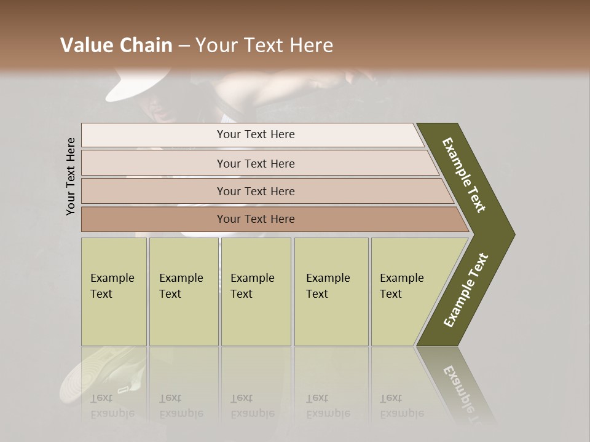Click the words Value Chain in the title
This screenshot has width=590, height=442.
tap(116, 45)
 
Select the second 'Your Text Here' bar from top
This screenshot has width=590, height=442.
tap(256, 163)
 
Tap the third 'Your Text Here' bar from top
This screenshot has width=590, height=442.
tap(256, 191)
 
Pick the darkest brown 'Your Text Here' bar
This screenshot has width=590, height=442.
tap(256, 219)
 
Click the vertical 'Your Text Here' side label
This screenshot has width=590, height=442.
tap(71, 176)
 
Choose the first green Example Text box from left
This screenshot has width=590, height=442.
tap(114, 292)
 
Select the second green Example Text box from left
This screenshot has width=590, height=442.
tap(183, 292)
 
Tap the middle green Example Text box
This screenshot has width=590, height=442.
tap(256, 292)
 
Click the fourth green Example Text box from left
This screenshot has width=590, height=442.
tap(331, 292)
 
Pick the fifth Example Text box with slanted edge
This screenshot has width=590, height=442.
tap(406, 292)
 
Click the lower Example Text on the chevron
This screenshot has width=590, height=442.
tap(466, 290)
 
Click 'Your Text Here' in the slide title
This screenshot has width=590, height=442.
tap(264, 45)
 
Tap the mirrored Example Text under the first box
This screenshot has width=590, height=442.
tap(112, 406)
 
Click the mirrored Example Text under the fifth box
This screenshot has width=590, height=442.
tap(402, 406)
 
